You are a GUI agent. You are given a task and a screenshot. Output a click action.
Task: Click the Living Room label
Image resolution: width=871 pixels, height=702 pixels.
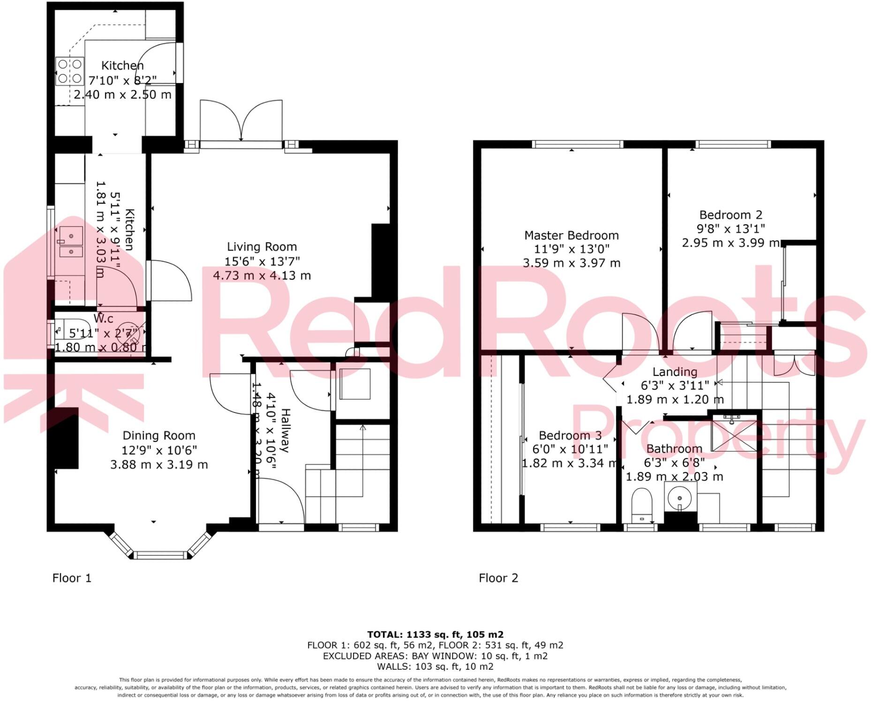point(262,247)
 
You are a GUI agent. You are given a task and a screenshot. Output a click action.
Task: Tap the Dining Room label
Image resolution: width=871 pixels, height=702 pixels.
point(159,435)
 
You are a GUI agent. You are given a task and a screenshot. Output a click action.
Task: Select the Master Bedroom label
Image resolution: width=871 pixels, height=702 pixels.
point(571,235)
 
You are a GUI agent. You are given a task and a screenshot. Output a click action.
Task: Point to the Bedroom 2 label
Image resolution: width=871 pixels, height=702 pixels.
point(731,215)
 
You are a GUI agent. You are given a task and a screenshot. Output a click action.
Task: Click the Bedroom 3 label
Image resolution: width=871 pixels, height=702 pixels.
point(570,435)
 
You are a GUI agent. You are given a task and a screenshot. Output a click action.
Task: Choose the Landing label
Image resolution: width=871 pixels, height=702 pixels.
point(675,372)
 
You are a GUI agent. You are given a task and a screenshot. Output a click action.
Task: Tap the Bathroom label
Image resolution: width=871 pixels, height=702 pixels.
point(674,449)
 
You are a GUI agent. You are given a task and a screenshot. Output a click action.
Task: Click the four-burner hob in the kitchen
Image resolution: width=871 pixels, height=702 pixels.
point(70,71)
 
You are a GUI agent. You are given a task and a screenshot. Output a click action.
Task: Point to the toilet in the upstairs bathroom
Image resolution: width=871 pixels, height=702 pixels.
point(642,505)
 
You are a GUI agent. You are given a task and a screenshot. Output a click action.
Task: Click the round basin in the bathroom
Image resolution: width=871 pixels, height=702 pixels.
point(680,497)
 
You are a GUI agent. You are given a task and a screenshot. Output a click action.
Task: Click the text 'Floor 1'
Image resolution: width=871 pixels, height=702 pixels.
point(72,578)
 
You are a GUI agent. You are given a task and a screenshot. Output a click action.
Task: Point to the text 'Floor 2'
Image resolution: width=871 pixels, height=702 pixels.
point(498,578)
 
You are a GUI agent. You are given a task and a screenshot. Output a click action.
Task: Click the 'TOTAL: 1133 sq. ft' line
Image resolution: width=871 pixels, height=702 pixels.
point(435,635)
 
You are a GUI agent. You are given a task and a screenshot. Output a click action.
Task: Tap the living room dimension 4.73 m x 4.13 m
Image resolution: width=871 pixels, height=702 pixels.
point(262,275)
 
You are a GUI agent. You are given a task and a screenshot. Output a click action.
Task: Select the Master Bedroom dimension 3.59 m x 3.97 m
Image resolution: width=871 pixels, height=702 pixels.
point(571,263)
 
